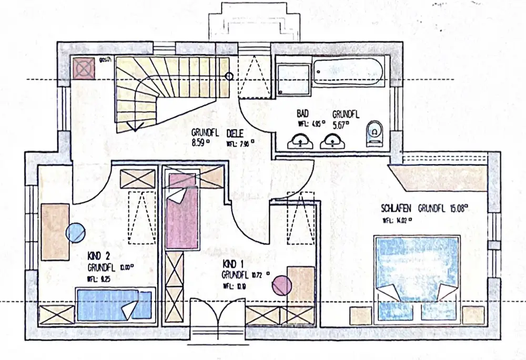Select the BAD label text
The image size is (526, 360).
(302, 114)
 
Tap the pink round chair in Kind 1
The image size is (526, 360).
(281, 284)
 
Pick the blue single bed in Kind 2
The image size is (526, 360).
(114, 303)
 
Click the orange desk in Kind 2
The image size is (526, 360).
(55, 231)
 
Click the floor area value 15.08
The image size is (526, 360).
(457, 208)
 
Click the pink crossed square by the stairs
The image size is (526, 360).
(83, 67)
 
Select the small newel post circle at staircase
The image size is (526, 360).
(229, 76)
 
